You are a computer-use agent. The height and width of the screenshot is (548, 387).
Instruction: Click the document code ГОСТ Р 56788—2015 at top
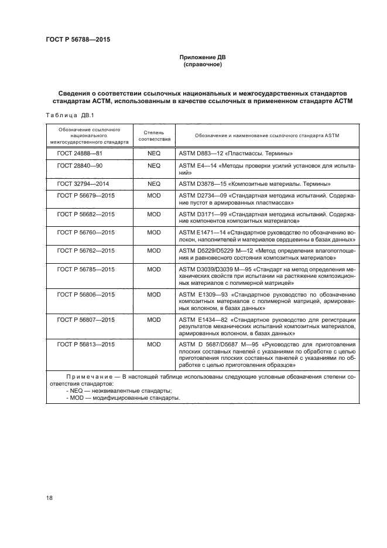[78, 40]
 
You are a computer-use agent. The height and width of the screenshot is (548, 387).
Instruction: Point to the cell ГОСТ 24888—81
[80, 153]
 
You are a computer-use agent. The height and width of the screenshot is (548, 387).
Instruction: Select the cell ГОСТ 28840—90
[80, 166]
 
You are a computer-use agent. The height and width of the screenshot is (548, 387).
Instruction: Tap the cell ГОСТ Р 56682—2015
[86, 214]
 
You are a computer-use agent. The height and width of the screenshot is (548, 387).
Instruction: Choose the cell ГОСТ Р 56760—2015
[86, 233]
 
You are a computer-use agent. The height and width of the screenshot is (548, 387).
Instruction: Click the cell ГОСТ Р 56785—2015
[86, 269]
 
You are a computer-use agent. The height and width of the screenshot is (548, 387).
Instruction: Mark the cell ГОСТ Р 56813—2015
[86, 345]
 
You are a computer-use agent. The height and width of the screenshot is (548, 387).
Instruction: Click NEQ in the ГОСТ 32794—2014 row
[154, 183]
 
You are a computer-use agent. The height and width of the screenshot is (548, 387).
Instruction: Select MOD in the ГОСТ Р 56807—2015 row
[154, 319]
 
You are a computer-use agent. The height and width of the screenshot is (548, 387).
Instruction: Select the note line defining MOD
[124, 398]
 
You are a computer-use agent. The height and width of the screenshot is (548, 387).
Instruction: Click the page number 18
[50, 498]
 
